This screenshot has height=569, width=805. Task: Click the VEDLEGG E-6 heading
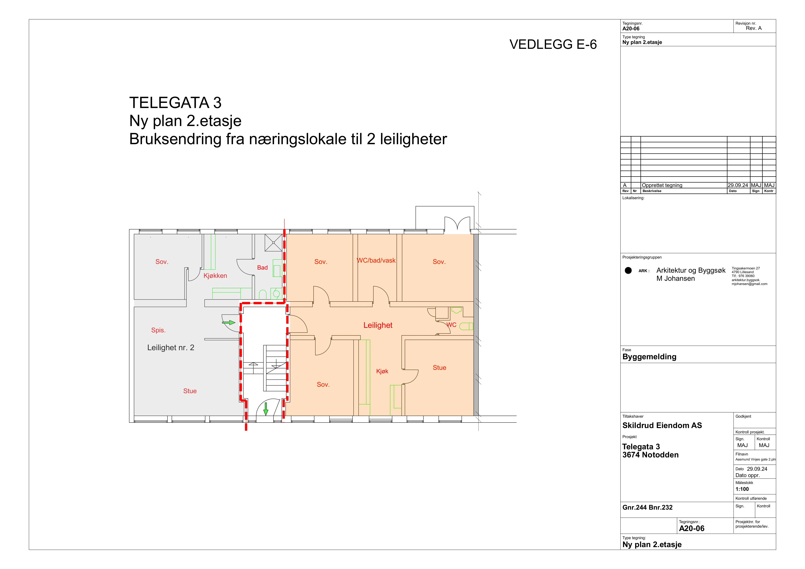[x=553, y=44]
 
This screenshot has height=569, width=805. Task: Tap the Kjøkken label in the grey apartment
[x=215, y=276]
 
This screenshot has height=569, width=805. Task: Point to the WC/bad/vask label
[x=376, y=260]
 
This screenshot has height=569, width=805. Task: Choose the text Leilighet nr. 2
[x=171, y=348]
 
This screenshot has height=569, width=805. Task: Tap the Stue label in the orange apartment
[x=439, y=368]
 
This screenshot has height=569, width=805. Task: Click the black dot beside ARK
[x=628, y=271]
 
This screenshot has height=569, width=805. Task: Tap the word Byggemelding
[x=649, y=357]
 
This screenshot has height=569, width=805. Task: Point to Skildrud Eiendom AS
[x=662, y=425]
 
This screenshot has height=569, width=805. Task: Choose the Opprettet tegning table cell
[x=662, y=185]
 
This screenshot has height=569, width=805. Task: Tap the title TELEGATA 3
[x=175, y=103]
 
